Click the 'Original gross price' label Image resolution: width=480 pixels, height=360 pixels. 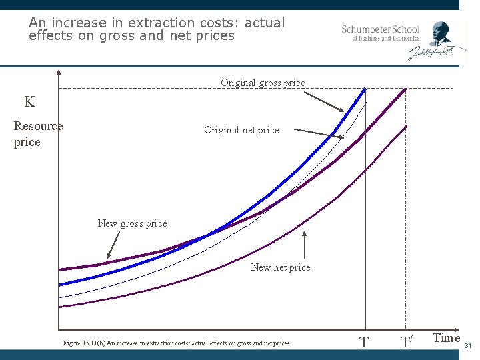tap(263, 83)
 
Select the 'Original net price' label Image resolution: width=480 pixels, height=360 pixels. tap(241, 130)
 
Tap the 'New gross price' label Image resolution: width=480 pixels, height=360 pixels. tap(132, 223)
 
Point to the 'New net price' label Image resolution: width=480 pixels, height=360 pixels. tap(281, 267)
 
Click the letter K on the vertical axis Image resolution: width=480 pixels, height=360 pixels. tap(29, 102)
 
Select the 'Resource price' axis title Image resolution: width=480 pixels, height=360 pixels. tap(37, 134)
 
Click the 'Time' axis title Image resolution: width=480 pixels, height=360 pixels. tap(446, 338)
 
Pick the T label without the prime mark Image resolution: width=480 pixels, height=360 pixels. tap(364, 343)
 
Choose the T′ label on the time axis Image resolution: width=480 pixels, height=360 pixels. tap(406, 343)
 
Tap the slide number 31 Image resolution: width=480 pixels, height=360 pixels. tap(468, 346)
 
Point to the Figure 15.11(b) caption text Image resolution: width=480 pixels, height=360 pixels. tap(176, 343)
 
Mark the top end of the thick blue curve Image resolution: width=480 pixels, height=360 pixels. tap(365, 89)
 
